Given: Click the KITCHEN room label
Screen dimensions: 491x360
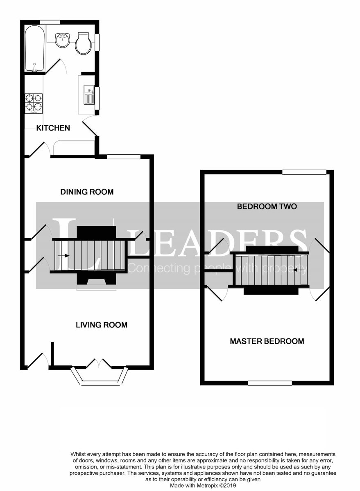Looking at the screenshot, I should pos(53,128).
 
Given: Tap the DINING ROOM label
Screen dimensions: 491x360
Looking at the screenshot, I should pos(87,192).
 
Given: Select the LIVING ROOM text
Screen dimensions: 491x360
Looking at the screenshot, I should pos(102,325).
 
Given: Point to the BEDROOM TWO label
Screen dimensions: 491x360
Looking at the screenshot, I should pos(267,207).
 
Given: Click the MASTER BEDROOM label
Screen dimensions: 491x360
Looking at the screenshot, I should pos(267,341).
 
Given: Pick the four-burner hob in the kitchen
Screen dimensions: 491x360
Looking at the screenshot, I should pos(34,103).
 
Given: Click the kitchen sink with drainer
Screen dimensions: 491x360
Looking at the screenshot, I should pos(88,95).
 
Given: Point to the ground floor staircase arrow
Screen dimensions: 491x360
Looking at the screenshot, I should pos(63,256).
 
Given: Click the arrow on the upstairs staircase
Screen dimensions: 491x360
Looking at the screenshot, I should pos(300,270).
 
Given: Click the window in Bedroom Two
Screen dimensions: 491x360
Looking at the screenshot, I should pos(304,172).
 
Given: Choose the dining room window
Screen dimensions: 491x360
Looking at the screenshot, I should pos(124,156).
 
